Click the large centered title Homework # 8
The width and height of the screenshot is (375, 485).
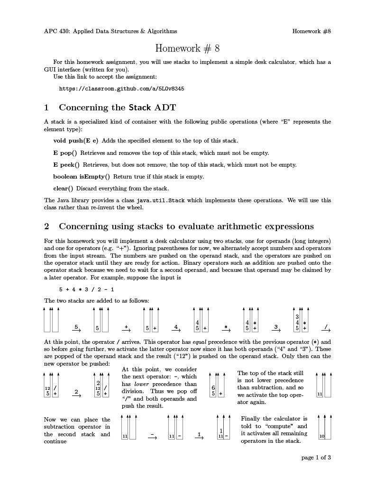click(x=187, y=48)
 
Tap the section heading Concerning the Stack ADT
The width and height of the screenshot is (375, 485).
click(x=117, y=108)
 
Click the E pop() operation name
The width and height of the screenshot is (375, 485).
click(x=65, y=153)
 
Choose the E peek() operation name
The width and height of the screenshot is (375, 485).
click(x=66, y=165)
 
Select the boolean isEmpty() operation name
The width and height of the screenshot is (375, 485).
click(x=82, y=177)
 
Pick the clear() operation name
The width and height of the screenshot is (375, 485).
click(x=63, y=189)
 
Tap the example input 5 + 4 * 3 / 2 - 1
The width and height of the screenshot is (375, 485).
click(x=86, y=289)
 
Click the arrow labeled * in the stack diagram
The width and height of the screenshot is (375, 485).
click(x=226, y=328)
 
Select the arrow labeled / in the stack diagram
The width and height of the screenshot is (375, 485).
click(x=325, y=328)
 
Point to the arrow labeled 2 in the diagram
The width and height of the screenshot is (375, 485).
click(x=76, y=393)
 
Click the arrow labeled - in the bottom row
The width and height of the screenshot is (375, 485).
click(x=152, y=436)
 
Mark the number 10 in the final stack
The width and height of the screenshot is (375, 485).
click(x=321, y=436)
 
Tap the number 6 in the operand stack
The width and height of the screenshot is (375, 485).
click(x=213, y=388)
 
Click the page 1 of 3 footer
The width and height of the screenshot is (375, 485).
click(x=316, y=458)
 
